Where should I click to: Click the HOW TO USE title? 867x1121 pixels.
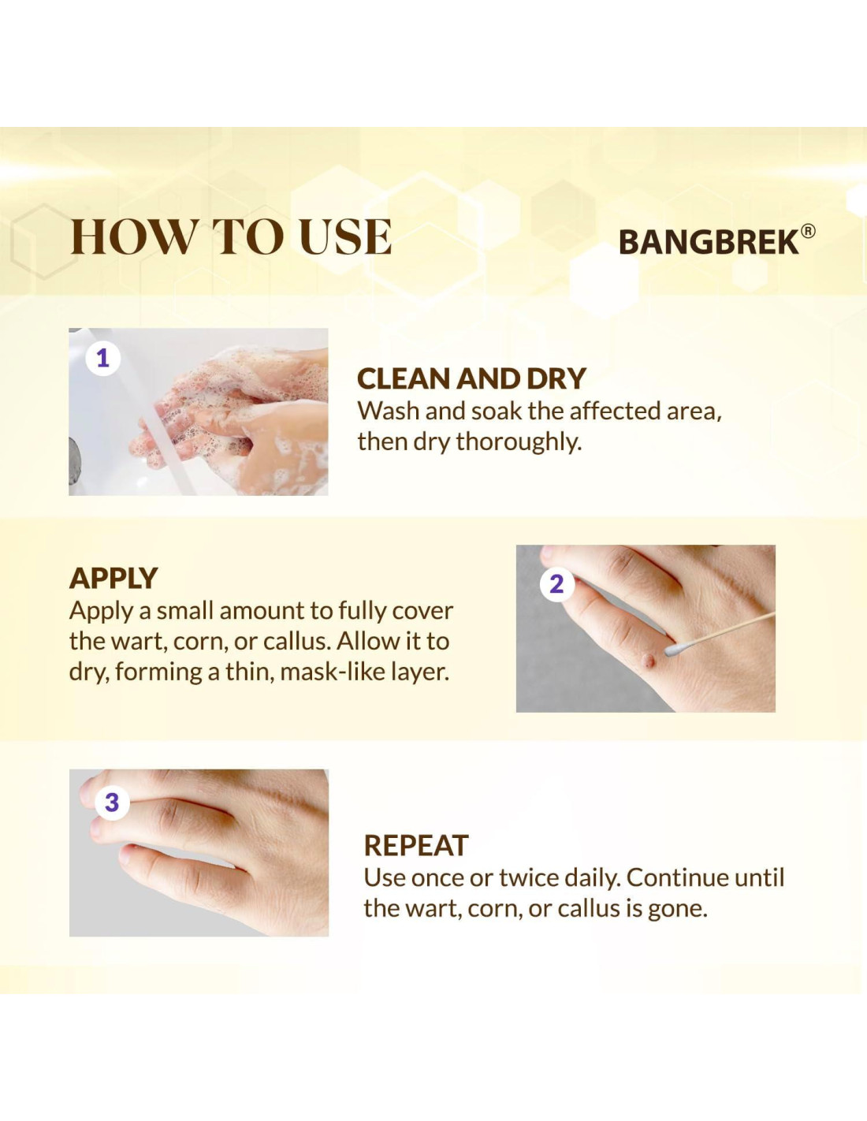(231, 237)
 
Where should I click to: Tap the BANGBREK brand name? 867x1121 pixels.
(709, 242)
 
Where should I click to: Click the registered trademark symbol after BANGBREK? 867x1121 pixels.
(809, 231)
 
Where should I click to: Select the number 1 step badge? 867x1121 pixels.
(103, 358)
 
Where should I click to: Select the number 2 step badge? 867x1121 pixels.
(557, 584)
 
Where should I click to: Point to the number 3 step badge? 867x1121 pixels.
(112, 803)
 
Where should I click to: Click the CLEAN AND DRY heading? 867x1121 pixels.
(471, 378)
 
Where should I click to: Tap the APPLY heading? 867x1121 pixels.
(113, 579)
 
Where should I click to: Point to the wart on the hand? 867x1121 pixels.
(648, 661)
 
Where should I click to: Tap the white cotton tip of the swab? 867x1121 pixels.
(675, 650)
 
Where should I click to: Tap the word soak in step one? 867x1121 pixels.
(497, 412)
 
